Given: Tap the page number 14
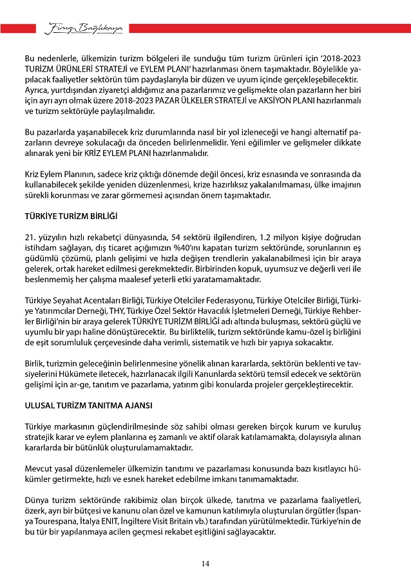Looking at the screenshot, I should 205,564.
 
